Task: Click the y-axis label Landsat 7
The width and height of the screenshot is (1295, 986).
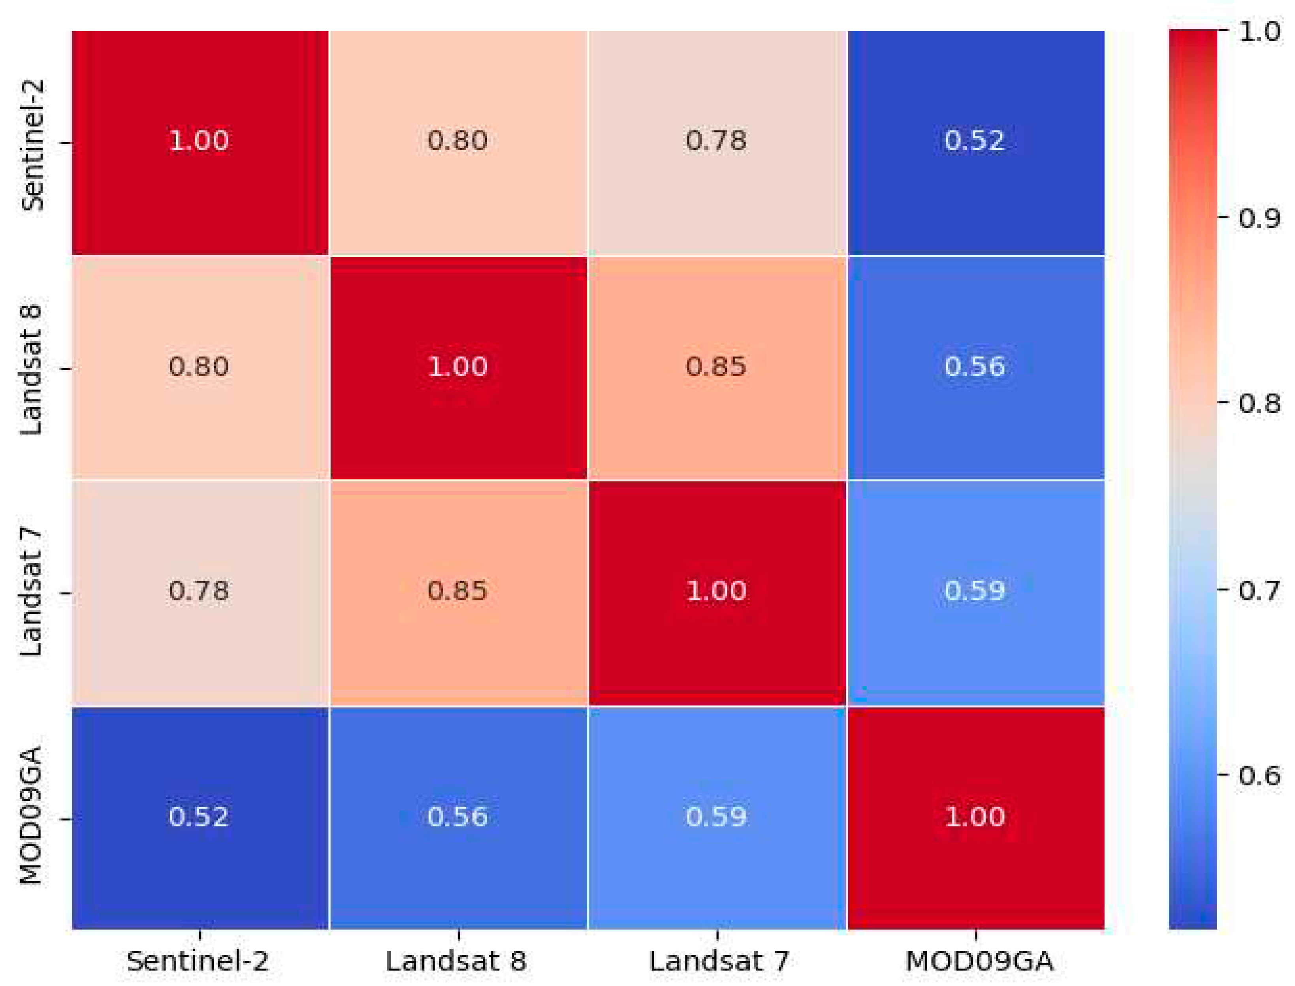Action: [x=31, y=592]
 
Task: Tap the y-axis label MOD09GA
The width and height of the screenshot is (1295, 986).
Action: [x=31, y=816]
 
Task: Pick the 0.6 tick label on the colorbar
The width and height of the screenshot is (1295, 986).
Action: [x=1259, y=776]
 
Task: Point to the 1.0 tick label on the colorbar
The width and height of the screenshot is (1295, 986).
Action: [x=1259, y=31]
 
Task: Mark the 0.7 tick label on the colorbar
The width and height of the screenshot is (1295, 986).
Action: [x=1259, y=590]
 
